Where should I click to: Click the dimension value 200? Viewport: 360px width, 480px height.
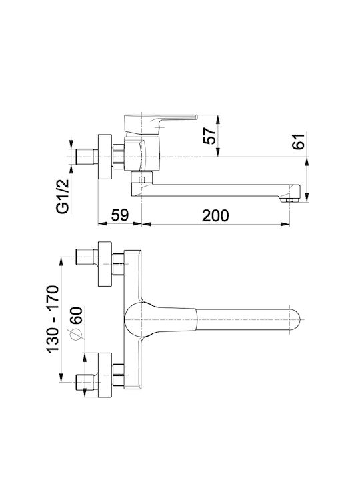click(x=215, y=215)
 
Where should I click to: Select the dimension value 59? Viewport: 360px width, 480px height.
click(x=119, y=215)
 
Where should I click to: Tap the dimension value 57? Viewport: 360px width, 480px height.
click(x=209, y=135)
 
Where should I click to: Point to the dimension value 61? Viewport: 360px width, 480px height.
click(x=299, y=141)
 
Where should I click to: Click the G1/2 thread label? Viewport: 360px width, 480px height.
click(x=63, y=197)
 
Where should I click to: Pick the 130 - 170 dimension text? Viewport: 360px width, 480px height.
click(x=52, y=319)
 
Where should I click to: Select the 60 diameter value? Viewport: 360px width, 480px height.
click(x=76, y=315)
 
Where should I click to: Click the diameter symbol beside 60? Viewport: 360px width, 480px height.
click(x=76, y=335)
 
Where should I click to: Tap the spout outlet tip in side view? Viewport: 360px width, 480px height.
click(x=290, y=200)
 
